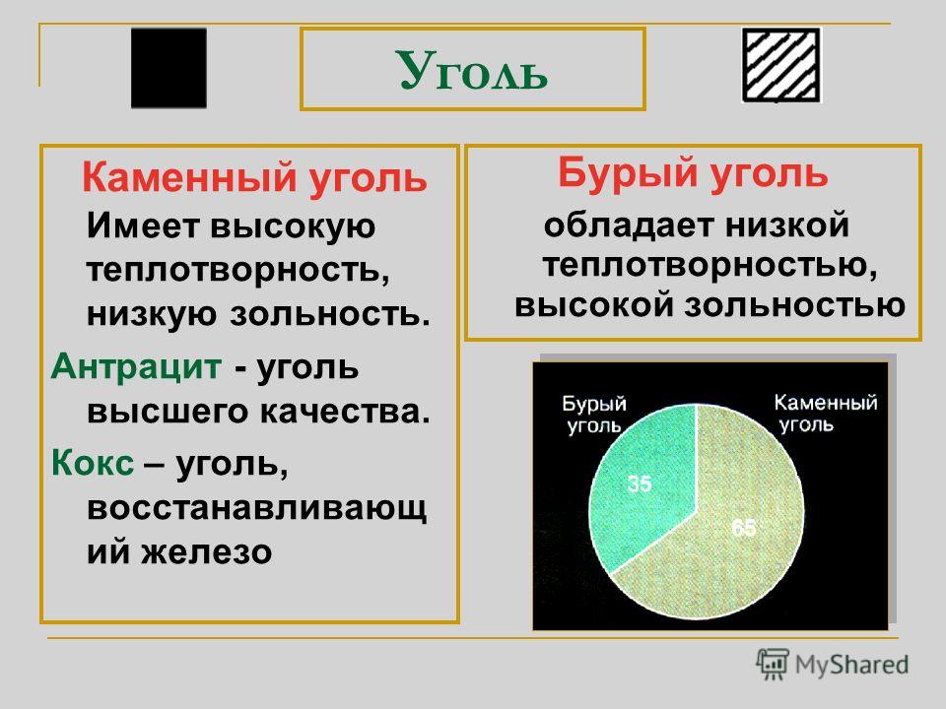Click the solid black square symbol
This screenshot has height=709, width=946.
[x=169, y=68]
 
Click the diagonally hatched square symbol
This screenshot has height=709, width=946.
[x=781, y=65]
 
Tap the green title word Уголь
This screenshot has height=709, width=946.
[x=472, y=71]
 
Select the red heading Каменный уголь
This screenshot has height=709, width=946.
[x=254, y=178]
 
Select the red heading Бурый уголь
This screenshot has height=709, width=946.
[x=693, y=173]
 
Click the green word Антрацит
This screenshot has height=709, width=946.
[x=136, y=366]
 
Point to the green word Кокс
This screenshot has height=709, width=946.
[x=93, y=463]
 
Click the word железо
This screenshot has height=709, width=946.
[x=206, y=551]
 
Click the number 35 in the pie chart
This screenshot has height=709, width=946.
[x=640, y=483]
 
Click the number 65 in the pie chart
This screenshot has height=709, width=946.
[x=743, y=528]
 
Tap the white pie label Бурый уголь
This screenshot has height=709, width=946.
[x=594, y=415]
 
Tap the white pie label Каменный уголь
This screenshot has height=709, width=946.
[x=826, y=413]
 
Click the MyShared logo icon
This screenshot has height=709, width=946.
[x=773, y=664]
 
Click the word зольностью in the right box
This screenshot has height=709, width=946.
[x=794, y=305]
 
